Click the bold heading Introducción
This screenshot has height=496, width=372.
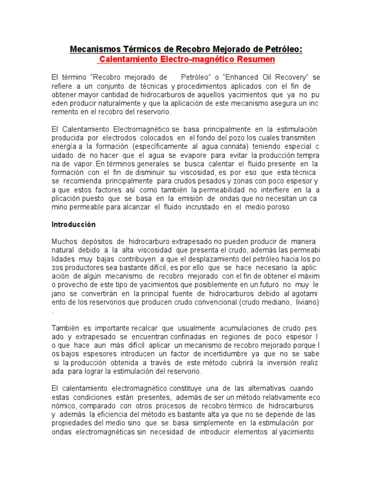tap(74, 225)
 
